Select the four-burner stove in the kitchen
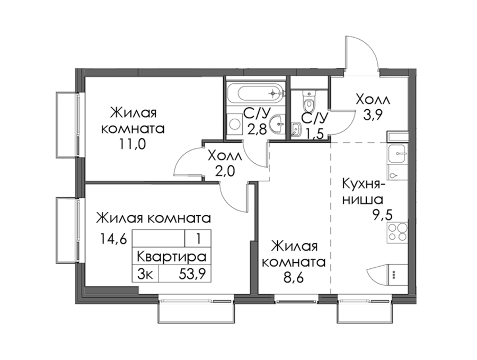[x=397, y=233]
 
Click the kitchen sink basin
[x=397, y=154]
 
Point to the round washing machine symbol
[x=235, y=124]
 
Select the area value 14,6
[x=113, y=240]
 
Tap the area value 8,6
[x=294, y=278]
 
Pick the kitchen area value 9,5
[x=382, y=215]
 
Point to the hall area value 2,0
[x=225, y=172]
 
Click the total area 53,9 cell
[x=192, y=274]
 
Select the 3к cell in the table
[x=145, y=274]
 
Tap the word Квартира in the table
[x=172, y=257]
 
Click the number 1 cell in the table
[x=198, y=238]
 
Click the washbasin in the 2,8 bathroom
[x=279, y=124]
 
